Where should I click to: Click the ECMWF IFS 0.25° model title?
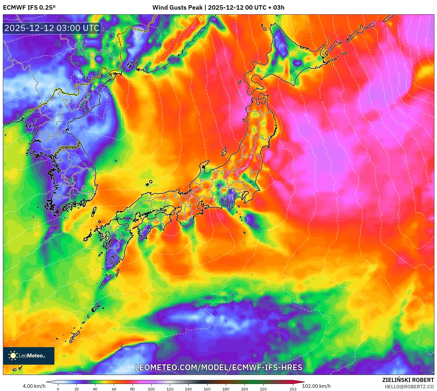pyautogui.click(x=29, y=8)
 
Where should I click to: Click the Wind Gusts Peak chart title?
pyautogui.click(x=218, y=8)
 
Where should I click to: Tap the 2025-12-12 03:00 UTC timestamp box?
pyautogui.click(x=52, y=28)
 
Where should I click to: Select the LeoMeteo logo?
pyautogui.click(x=29, y=356)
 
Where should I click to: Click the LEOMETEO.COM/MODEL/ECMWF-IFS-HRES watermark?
pyautogui.click(x=218, y=367)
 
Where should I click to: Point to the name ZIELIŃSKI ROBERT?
pyautogui.click(x=408, y=380)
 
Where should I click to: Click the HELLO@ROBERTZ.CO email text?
pyautogui.click(x=409, y=387)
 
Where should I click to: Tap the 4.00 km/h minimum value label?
pyautogui.click(x=34, y=386)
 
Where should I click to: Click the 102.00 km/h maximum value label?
pyautogui.click(x=316, y=386)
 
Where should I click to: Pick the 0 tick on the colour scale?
pyautogui.click(x=58, y=389)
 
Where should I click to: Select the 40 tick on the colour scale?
pyautogui.click(x=95, y=389)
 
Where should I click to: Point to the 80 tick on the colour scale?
pyautogui.click(x=133, y=389)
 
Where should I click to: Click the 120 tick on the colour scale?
pyautogui.click(x=170, y=389)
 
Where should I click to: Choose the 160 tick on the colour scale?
pyautogui.click(x=207, y=389)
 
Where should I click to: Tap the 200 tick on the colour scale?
pyautogui.click(x=244, y=389)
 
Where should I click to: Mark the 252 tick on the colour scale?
pyautogui.click(x=293, y=389)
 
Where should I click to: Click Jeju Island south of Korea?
pyautogui.click(x=54, y=228)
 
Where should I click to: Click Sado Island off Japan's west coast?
pyautogui.click(x=224, y=151)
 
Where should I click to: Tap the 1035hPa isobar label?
pyautogui.click(x=28, y=19)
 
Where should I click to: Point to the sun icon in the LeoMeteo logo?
pyautogui.click(x=13, y=356)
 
